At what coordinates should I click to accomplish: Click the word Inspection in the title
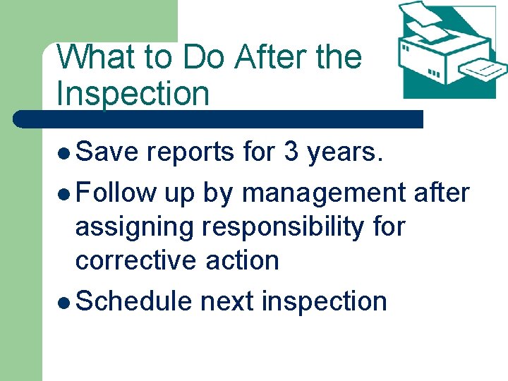(133, 95)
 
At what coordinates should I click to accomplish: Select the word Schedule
(133, 301)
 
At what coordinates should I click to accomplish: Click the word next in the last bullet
(227, 301)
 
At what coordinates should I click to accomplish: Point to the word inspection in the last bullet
(324, 301)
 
